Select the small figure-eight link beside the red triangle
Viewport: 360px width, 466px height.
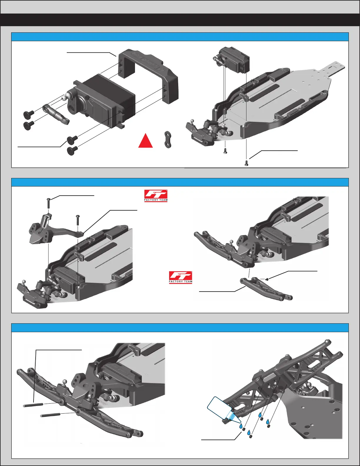(x=168, y=139)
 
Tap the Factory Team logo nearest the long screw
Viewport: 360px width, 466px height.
(x=156, y=196)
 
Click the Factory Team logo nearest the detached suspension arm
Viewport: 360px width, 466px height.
(x=180, y=277)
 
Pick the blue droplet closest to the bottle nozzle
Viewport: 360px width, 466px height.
(x=241, y=426)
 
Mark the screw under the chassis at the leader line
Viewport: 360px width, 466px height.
(x=246, y=163)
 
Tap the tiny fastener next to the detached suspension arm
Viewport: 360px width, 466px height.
(x=266, y=279)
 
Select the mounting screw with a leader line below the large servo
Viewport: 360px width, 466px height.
(x=72, y=138)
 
